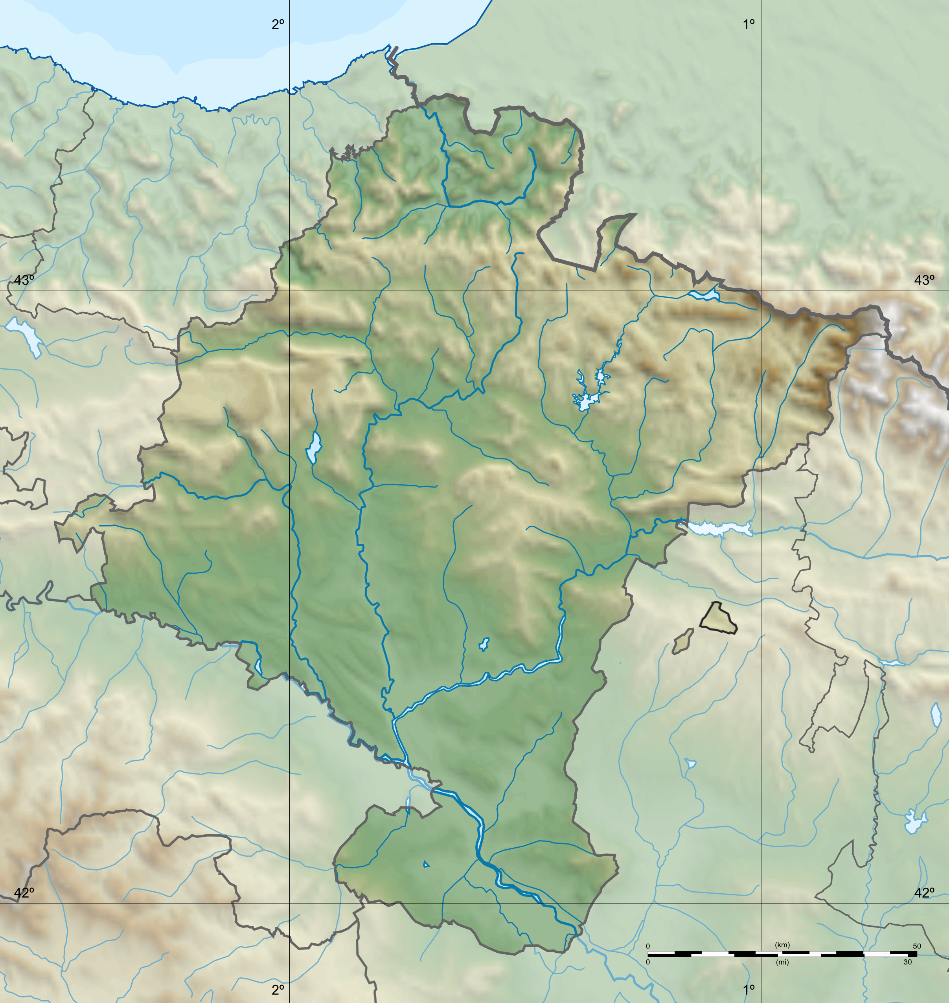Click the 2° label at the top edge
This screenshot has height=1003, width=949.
coord(278,24)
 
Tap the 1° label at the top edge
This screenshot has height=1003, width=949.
coord(749,24)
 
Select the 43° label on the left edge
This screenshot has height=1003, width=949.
coord(24,280)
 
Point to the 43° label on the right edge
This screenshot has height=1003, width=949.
coord(924,280)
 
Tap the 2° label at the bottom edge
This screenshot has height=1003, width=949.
coord(278,989)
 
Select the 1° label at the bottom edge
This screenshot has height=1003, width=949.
coord(749,989)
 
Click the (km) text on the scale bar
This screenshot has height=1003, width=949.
coord(782,945)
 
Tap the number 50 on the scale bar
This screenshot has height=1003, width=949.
coord(917,946)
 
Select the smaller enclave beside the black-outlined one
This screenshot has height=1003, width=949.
coord(682,642)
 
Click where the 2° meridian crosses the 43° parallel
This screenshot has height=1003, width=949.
coord(289,290)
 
